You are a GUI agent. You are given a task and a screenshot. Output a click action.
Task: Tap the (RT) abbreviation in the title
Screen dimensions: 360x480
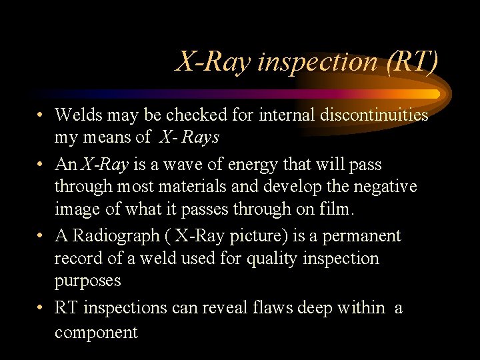coord(411,62)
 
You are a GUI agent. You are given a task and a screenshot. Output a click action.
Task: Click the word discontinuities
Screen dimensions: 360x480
coord(374,115)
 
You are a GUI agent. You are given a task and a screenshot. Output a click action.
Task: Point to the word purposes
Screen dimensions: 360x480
coord(88,281)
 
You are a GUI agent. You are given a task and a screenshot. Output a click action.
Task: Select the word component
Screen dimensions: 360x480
coord(96,332)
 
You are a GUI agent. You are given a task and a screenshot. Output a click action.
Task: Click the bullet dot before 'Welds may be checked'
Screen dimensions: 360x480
coord(41,115)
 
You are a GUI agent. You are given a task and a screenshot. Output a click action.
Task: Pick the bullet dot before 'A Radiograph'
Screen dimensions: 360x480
coord(41,236)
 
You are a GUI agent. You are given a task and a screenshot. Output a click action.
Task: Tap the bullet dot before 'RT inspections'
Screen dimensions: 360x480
coord(41,307)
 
